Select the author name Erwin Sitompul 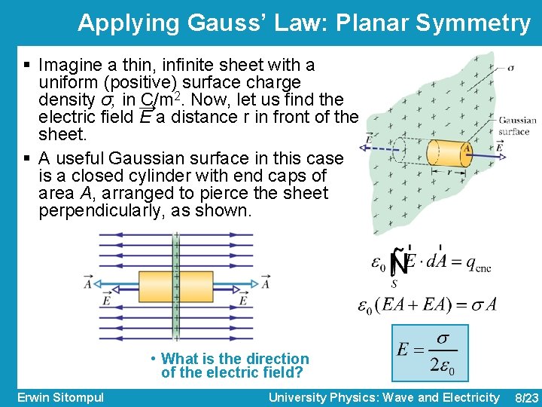(60, 396)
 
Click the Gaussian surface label (517, 125)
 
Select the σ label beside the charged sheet (510, 67)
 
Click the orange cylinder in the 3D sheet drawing (449, 151)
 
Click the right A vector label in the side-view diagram (266, 283)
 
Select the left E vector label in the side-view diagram (108, 300)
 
